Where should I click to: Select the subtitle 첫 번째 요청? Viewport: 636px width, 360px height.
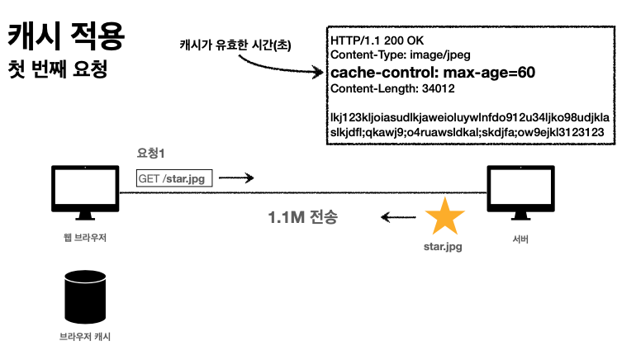click(58, 69)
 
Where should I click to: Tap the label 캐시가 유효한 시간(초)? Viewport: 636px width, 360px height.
click(235, 43)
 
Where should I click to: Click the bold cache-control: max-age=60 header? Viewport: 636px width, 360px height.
click(432, 73)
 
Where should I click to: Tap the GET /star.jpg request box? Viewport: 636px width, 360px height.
click(173, 178)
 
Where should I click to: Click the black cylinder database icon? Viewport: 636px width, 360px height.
click(85, 295)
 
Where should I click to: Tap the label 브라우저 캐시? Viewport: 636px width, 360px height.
click(85, 337)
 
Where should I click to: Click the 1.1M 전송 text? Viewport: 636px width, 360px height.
click(303, 219)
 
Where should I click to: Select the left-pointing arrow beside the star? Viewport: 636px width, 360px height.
click(397, 218)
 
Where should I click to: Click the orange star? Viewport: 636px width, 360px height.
click(444, 217)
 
